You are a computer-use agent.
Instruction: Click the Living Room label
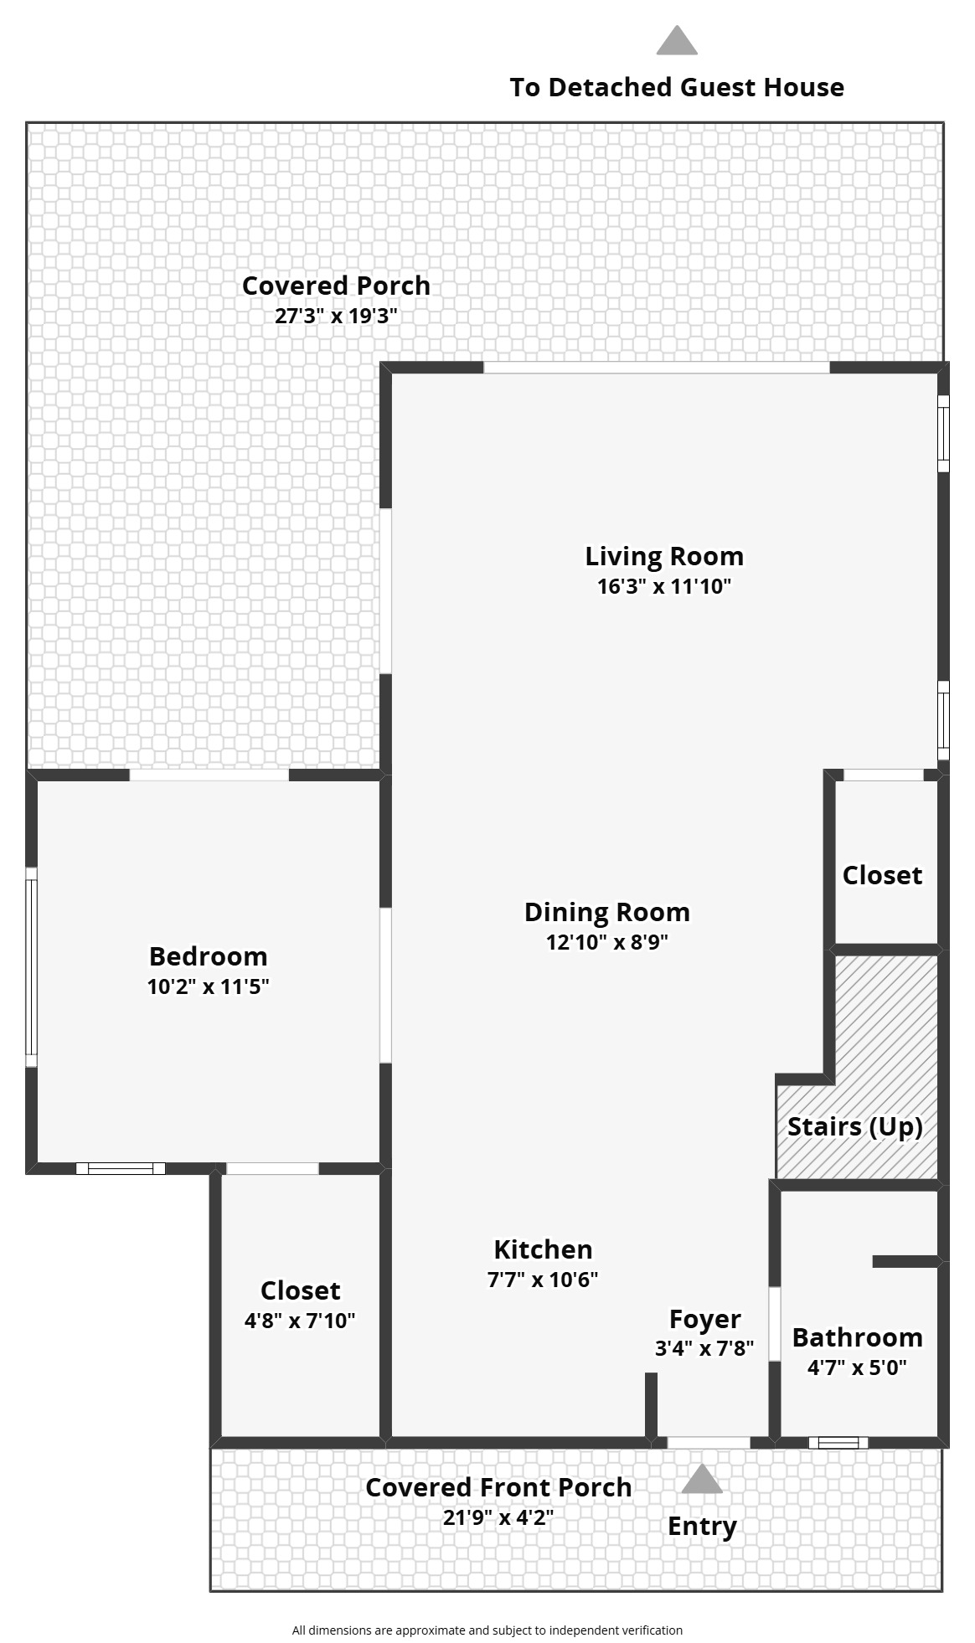pyautogui.click(x=664, y=556)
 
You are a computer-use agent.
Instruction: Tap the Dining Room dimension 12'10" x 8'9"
pyautogui.click(x=606, y=942)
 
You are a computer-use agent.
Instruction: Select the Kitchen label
pyautogui.click(x=543, y=1249)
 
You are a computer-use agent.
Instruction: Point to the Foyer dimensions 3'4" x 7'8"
pyautogui.click(x=704, y=1348)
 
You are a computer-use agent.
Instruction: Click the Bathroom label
pyautogui.click(x=857, y=1337)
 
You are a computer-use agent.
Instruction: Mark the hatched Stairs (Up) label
pyautogui.click(x=855, y=1126)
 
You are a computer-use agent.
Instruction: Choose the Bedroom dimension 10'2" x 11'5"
pyautogui.click(x=208, y=986)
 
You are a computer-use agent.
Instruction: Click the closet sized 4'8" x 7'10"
pyautogui.click(x=300, y=1290)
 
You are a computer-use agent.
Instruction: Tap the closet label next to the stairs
pyautogui.click(x=882, y=875)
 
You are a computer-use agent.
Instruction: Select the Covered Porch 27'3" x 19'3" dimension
pyautogui.click(x=335, y=316)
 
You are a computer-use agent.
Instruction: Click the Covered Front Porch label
pyautogui.click(x=498, y=1487)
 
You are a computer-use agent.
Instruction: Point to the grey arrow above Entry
pyautogui.click(x=702, y=1479)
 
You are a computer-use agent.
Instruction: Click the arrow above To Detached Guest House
pyautogui.click(x=677, y=40)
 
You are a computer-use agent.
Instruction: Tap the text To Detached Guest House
pyautogui.click(x=677, y=87)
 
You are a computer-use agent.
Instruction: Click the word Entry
pyautogui.click(x=702, y=1526)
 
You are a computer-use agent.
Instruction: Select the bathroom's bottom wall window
pyautogui.click(x=838, y=1442)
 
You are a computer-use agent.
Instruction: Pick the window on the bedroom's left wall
pyautogui.click(x=31, y=967)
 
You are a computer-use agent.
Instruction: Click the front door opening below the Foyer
pyautogui.click(x=708, y=1442)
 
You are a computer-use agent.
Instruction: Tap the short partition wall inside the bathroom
pyautogui.click(x=905, y=1261)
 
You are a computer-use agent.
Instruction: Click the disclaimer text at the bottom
pyautogui.click(x=487, y=1630)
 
